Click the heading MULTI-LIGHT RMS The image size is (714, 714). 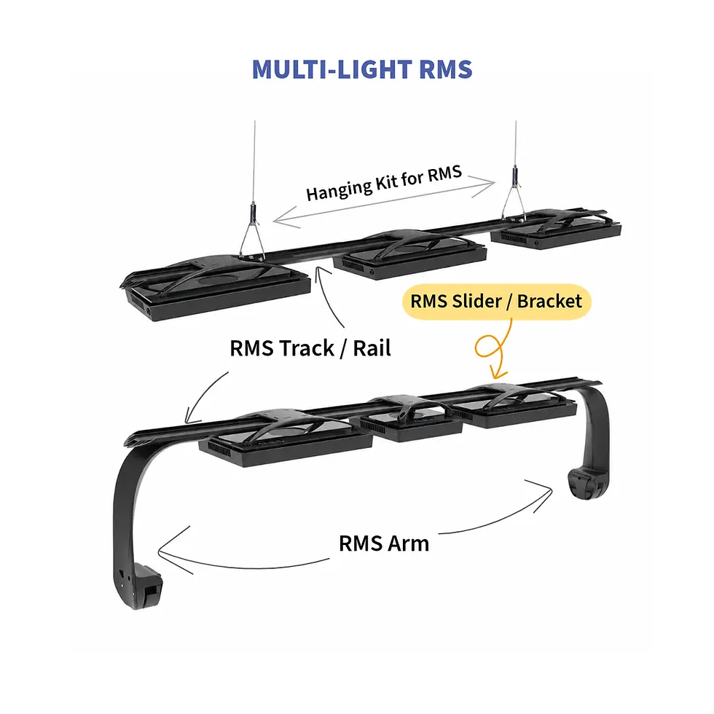[362, 69]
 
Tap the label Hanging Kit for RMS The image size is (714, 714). [384, 183]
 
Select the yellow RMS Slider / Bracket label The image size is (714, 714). [496, 301]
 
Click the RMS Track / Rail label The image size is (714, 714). [310, 348]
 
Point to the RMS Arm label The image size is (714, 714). [384, 544]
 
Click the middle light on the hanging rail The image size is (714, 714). [409, 254]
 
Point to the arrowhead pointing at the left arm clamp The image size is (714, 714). [170, 551]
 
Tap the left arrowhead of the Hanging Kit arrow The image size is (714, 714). [286, 218]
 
